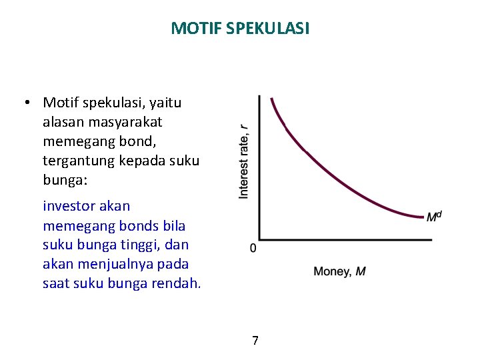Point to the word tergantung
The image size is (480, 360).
(x=78, y=161)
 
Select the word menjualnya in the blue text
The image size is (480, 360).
(x=123, y=263)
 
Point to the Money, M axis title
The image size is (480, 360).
(x=339, y=271)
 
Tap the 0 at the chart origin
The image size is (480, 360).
(x=253, y=248)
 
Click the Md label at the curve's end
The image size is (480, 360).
(x=434, y=216)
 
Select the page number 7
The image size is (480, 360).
(x=255, y=341)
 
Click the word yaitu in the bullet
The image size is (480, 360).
(x=165, y=103)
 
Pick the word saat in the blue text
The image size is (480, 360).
(x=55, y=283)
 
